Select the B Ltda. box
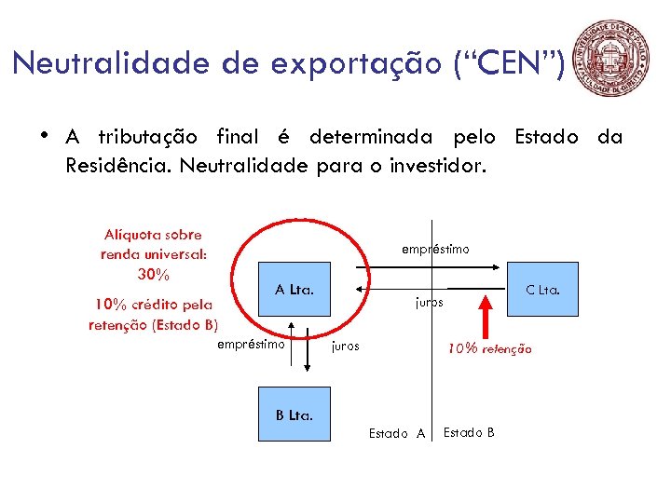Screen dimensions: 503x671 point(294,414)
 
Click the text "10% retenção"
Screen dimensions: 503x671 point(489,349)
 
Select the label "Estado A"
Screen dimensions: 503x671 point(397,433)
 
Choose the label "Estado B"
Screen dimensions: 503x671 point(469,432)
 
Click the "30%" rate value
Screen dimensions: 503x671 point(153,274)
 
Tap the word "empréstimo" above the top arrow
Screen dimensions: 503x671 point(435,250)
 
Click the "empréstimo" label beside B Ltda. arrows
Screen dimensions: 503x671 point(251,345)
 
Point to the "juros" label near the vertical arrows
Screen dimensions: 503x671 point(346,346)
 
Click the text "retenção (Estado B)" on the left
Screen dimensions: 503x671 point(153,324)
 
